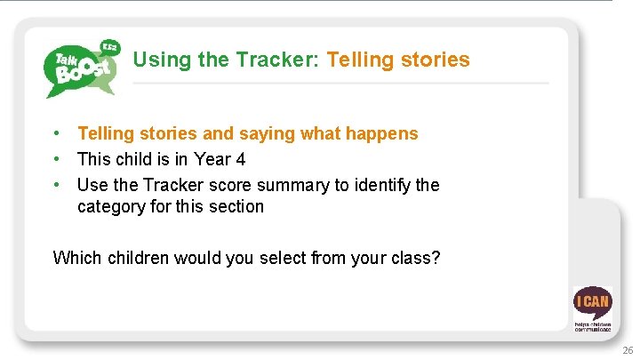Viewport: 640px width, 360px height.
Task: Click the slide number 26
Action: [628, 350]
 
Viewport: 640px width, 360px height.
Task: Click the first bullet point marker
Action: [56, 133]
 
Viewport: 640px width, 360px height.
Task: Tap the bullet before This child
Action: [56, 160]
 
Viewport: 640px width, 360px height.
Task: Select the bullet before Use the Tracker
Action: [56, 185]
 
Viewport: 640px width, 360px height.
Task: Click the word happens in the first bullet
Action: [382, 134]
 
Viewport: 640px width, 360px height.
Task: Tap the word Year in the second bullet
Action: [212, 160]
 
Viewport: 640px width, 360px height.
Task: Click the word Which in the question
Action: [77, 259]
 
